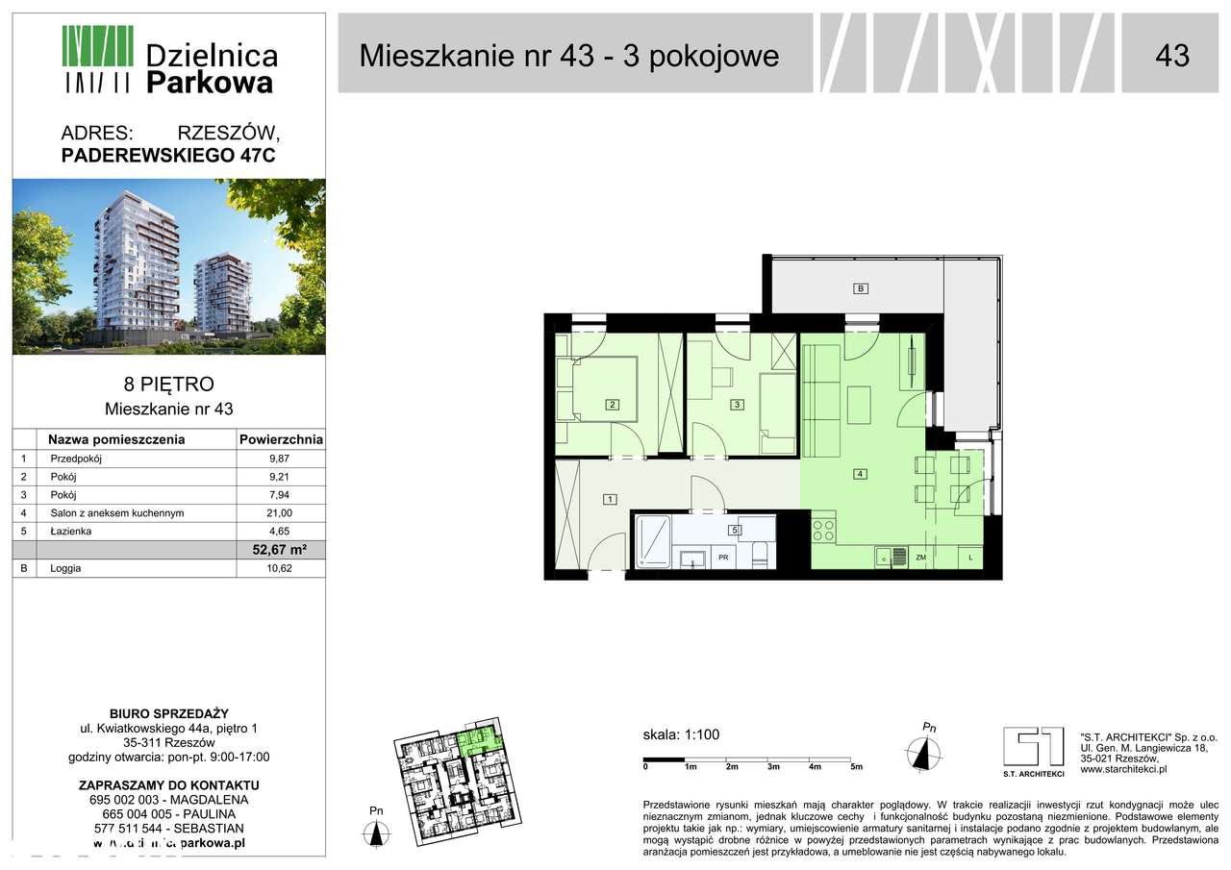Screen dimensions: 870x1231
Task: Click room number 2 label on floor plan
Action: tap(612, 405)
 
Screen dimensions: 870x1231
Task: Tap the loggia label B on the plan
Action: tap(862, 288)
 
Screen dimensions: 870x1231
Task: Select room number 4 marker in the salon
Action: tap(862, 473)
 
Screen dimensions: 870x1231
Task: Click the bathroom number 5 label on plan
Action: tap(734, 530)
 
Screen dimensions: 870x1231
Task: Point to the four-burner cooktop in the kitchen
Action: tap(824, 530)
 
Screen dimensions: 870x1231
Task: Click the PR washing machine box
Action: tap(722, 557)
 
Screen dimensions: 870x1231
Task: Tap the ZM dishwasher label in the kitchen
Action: tap(920, 557)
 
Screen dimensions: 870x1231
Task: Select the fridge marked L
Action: tap(971, 557)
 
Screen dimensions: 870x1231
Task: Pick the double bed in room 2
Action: tap(604, 388)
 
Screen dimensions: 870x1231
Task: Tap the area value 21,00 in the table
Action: tap(280, 513)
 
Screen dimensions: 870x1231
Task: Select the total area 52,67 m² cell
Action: tap(280, 550)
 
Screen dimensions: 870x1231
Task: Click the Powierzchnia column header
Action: tap(280, 440)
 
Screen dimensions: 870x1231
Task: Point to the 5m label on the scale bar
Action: tap(856, 767)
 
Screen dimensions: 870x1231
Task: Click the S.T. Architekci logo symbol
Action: tap(1033, 747)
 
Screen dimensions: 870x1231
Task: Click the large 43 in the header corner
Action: tap(1171, 55)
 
